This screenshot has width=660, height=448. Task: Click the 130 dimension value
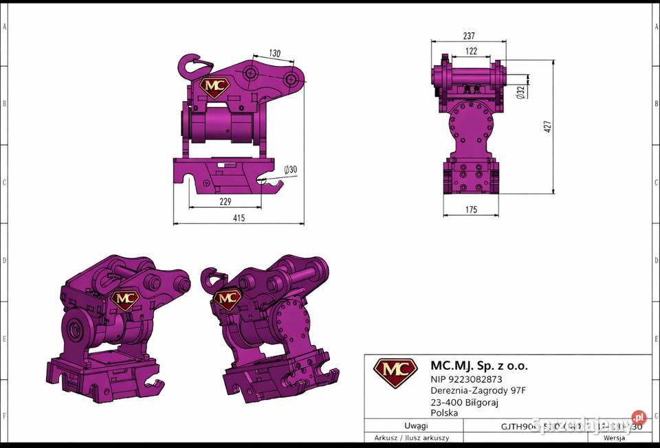[274, 54]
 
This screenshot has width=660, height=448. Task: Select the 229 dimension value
[225, 201]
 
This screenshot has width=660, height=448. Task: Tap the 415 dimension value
[238, 218]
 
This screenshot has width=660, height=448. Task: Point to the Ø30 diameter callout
[291, 170]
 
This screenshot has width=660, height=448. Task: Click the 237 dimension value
[469, 36]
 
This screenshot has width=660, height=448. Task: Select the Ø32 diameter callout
[520, 91]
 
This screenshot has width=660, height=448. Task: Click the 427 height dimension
[548, 126]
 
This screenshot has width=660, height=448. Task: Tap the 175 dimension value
[470, 210]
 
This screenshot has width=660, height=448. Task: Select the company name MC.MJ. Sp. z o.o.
[478, 366]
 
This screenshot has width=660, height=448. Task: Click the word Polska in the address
[444, 413]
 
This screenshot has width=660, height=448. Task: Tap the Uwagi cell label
[416, 426]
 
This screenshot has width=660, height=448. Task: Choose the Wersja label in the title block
[613, 438]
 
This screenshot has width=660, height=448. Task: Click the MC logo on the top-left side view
[214, 87]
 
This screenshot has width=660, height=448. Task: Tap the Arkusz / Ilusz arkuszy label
[412, 438]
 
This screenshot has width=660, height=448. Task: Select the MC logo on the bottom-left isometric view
[124, 299]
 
